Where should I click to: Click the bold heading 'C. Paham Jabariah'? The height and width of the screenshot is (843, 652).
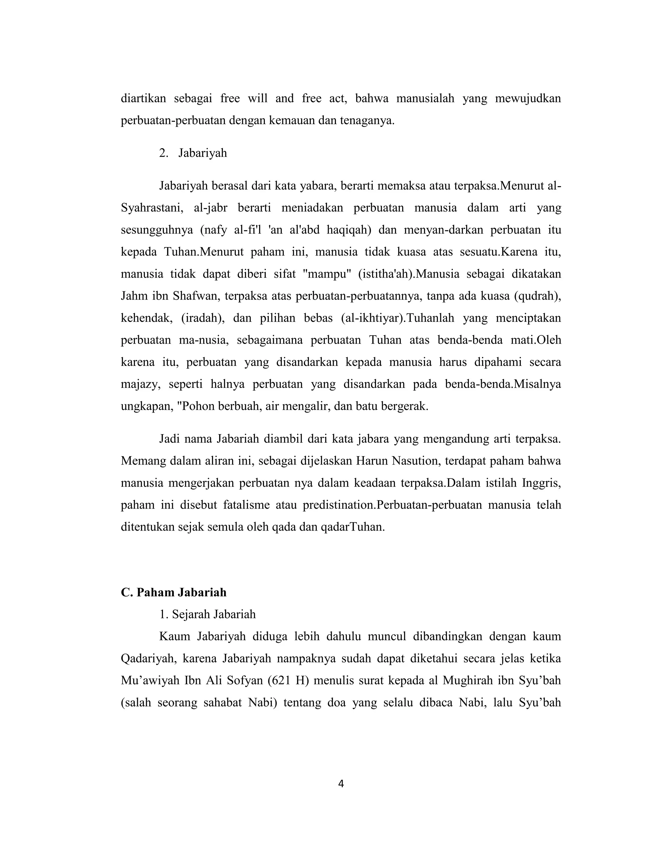[174, 593]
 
